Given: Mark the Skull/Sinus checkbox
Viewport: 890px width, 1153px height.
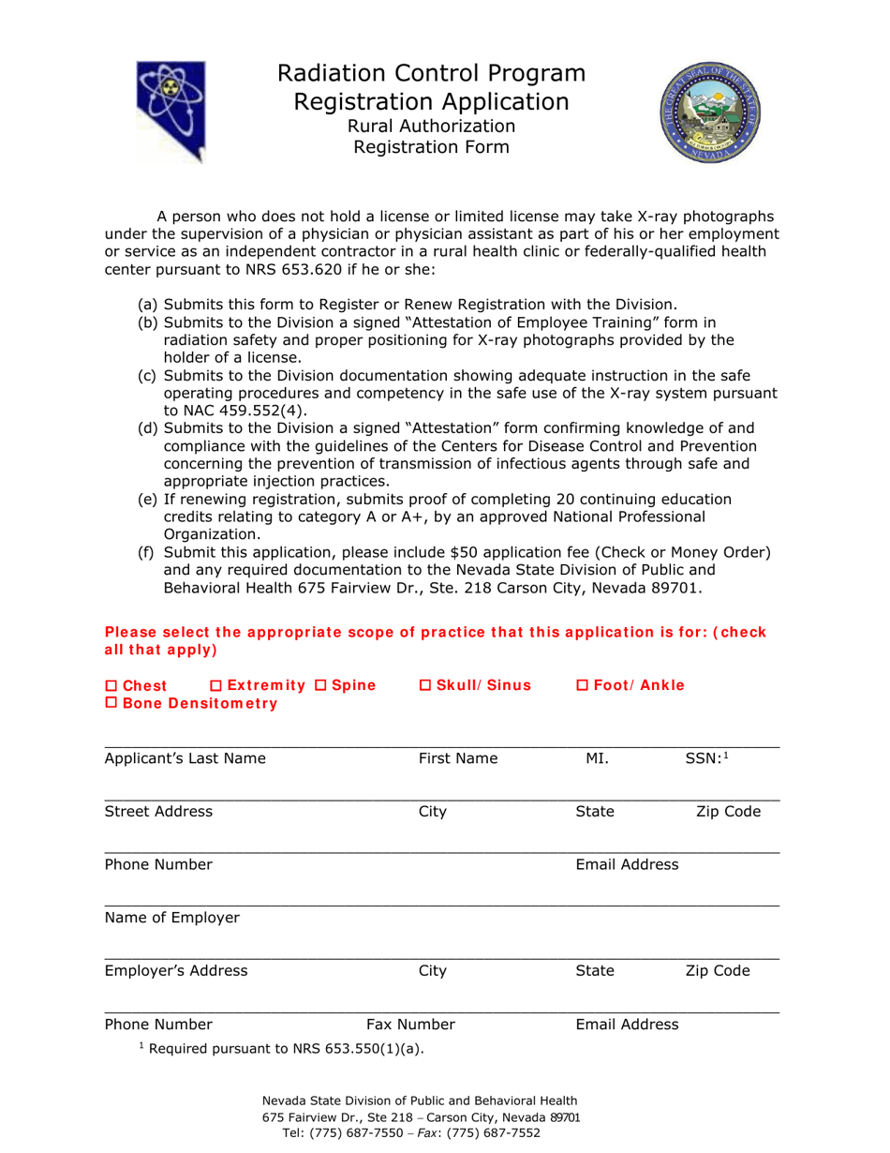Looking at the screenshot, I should click(x=423, y=686).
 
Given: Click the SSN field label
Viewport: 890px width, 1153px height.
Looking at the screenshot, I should click(x=702, y=758).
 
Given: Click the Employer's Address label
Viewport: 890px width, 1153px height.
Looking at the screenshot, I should click(x=176, y=970).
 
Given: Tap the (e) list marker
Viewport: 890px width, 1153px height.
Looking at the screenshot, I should click(x=148, y=500).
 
